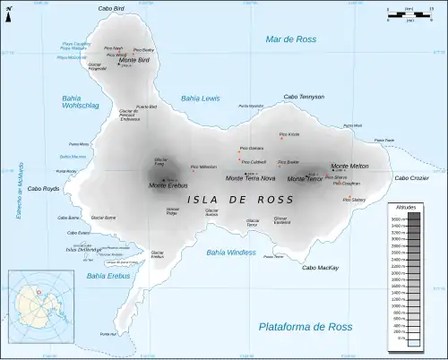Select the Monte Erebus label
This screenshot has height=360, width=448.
tap(167, 184)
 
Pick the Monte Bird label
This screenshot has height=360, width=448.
tap(133, 60)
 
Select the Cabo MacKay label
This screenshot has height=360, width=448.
tap(320, 268)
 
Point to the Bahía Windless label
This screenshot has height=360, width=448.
tap(230, 253)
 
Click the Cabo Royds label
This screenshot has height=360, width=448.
tap(43, 189)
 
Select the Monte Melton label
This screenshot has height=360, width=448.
tap(349, 167)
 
